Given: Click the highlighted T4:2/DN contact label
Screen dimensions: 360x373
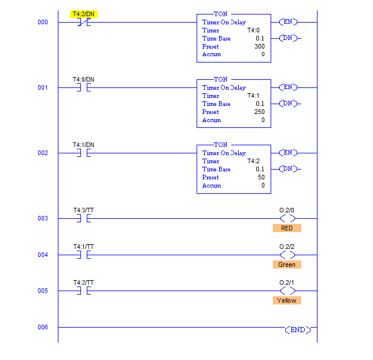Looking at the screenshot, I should click(x=84, y=13).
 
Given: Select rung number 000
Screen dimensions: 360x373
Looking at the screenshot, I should click(x=43, y=23).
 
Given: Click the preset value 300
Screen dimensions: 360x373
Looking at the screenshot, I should click(x=259, y=46).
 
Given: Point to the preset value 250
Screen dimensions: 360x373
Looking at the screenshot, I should click(x=259, y=112).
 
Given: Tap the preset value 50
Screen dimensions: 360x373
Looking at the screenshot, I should click(x=261, y=177).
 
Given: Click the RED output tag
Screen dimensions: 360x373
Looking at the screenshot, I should click(x=287, y=228).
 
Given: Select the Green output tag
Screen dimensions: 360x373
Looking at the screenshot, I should click(x=287, y=265).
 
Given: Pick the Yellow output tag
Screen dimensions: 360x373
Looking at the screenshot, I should click(x=287, y=300).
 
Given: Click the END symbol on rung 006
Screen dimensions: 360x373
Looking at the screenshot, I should click(x=298, y=329).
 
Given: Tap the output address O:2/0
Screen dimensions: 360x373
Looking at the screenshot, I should click(x=287, y=211).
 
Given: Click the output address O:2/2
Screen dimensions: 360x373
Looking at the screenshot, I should click(x=287, y=247).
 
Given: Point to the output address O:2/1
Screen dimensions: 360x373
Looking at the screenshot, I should click(x=287, y=282).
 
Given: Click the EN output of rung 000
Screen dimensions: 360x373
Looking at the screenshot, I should click(x=287, y=22).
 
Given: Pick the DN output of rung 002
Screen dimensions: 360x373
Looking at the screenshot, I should click(x=287, y=169).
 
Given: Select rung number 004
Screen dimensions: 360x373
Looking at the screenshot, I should click(x=43, y=255).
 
